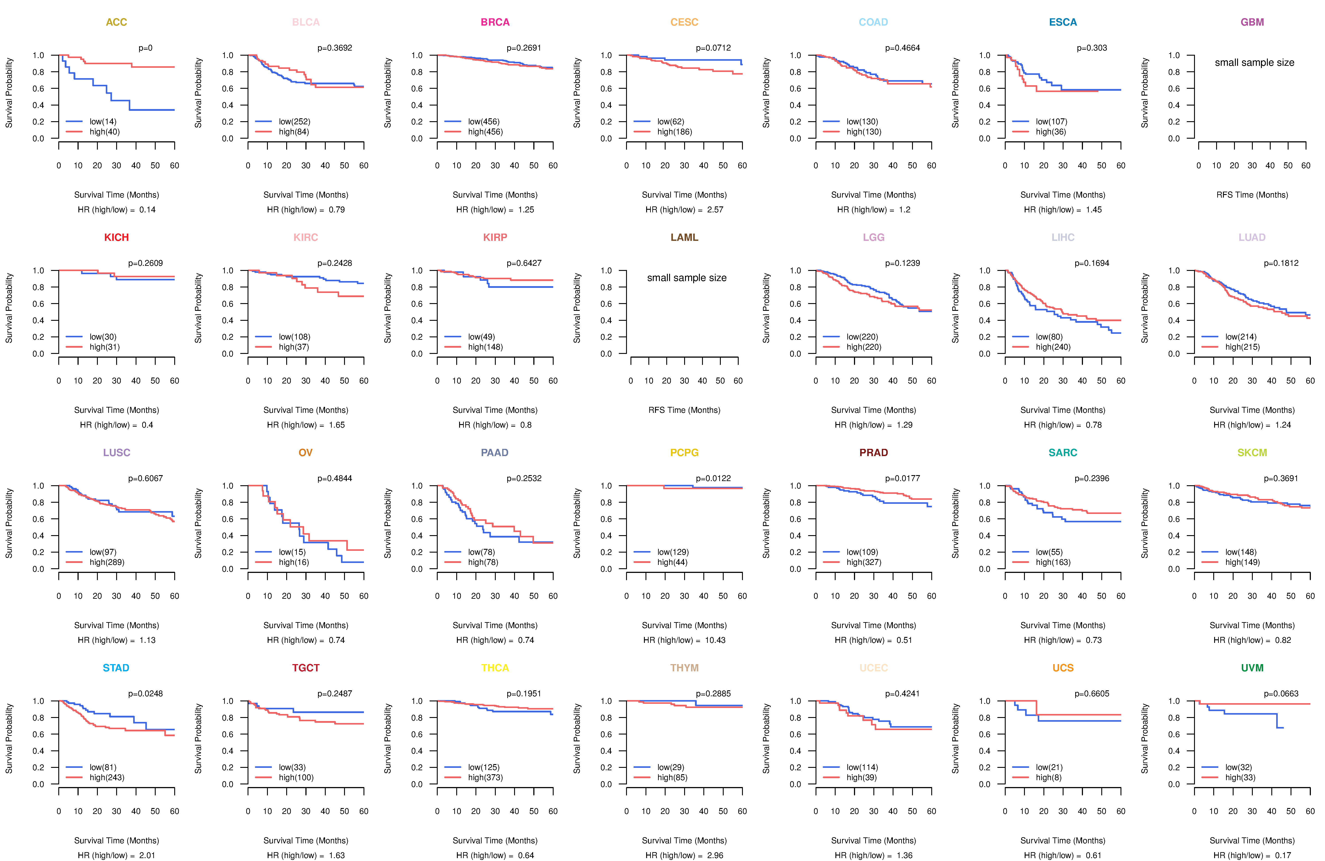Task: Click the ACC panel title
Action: point(116,22)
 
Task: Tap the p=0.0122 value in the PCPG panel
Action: point(713,478)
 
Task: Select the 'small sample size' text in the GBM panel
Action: point(1254,62)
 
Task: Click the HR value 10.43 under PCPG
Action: point(715,640)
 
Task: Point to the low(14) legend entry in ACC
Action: point(103,121)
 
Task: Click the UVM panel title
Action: point(1252,668)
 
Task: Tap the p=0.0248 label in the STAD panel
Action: point(145,693)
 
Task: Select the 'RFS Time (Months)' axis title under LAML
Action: point(684,410)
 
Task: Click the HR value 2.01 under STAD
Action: point(147,855)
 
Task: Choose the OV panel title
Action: point(306,453)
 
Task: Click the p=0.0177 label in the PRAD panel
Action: point(903,478)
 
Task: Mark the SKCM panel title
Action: point(1252,453)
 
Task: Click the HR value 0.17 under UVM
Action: point(1283,855)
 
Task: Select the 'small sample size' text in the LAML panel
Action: point(686,278)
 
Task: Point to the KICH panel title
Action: point(116,238)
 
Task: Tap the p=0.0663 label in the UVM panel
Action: point(1281,693)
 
